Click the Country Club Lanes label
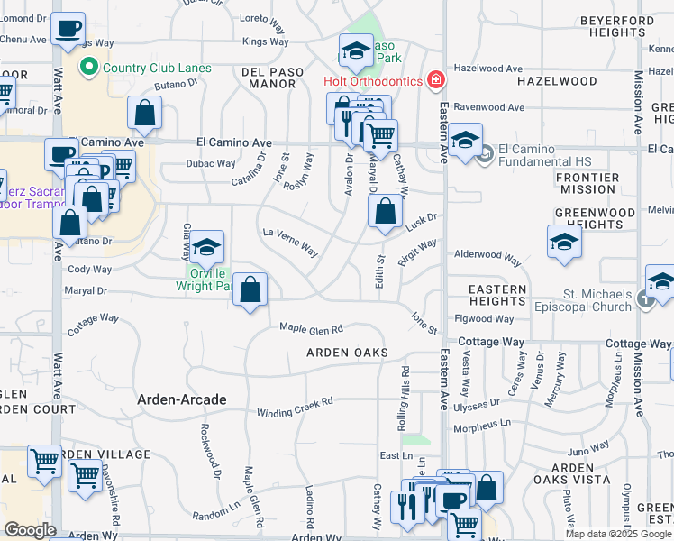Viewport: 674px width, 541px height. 157,68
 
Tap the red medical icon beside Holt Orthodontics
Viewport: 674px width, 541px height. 436,81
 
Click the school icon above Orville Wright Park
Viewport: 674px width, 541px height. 206,246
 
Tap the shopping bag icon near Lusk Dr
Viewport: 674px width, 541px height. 385,213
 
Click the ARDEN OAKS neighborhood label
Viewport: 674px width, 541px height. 347,353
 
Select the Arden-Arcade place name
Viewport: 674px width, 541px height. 181,399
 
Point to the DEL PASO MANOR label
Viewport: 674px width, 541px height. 269,77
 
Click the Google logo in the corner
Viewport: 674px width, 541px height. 30,530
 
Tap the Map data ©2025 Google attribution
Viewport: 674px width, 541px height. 618,533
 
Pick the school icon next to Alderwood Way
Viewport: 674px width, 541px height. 564,242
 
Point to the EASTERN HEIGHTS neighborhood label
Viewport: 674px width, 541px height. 497,295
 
